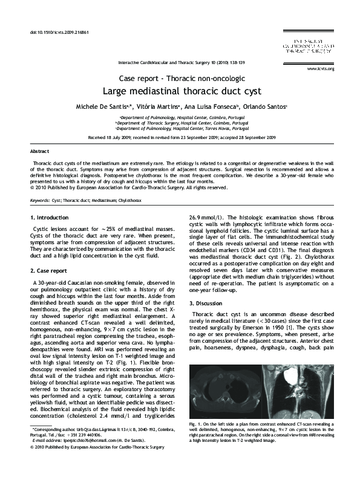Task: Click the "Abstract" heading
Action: click(40, 151)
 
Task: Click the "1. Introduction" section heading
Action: click(50, 217)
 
